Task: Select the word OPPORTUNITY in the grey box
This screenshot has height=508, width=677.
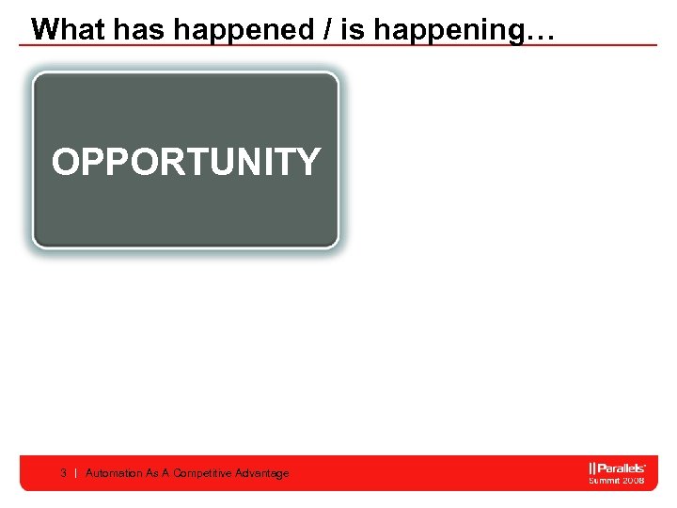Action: tap(186, 162)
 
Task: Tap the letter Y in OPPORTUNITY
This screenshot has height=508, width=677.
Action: tap(307, 162)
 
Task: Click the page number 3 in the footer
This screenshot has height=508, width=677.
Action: tap(63, 473)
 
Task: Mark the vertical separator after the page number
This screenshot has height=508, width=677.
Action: tap(75, 473)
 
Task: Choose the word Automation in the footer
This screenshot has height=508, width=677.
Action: tap(114, 473)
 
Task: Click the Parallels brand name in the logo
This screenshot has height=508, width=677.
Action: tap(622, 468)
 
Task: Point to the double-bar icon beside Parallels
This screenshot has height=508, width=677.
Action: tap(593, 468)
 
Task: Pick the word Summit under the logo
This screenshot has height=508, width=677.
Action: tap(605, 480)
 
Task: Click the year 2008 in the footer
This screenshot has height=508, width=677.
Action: tap(634, 480)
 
